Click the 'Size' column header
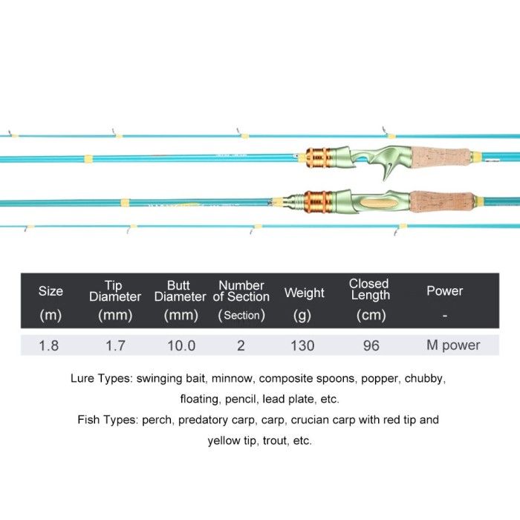tap(51, 291)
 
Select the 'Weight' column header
tap(304, 293)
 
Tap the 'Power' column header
tap(444, 291)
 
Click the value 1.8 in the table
tap(49, 345)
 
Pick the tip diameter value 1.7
tap(115, 345)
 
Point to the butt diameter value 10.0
tap(181, 345)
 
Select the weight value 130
tap(302, 345)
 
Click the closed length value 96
tap(371, 345)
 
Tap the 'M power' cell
tap(453, 345)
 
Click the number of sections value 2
tap(241, 345)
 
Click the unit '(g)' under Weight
tap(302, 315)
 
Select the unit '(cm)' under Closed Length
tap(371, 315)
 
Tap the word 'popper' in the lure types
tap(380, 378)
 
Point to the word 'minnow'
tap(211, 378)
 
